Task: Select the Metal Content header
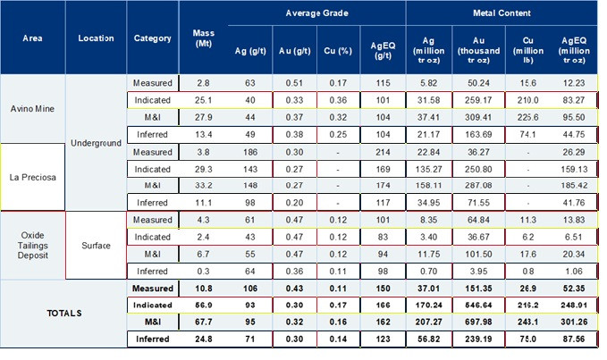501,13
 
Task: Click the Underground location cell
95,143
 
